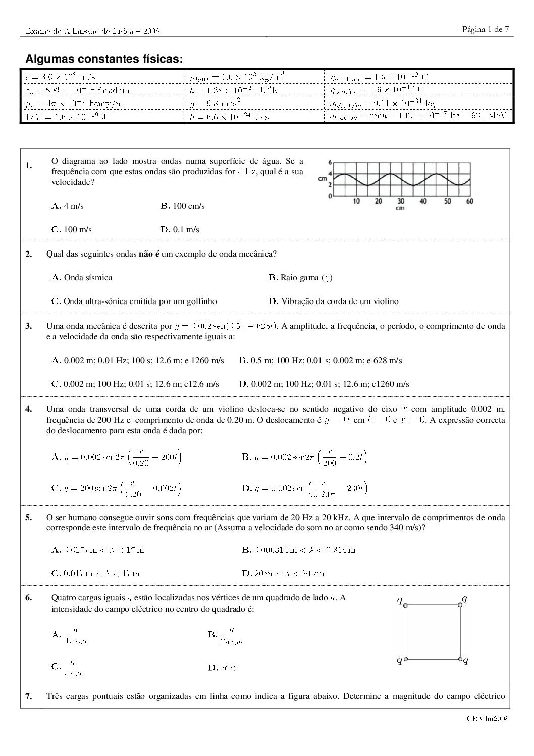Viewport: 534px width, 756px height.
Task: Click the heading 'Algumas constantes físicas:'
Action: (104, 59)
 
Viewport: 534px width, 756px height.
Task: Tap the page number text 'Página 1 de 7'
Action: (485, 29)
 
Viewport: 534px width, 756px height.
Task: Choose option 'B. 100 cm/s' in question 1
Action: (182, 206)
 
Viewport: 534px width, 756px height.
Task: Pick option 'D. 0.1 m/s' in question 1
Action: (180, 229)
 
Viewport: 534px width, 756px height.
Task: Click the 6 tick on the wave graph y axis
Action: (330, 163)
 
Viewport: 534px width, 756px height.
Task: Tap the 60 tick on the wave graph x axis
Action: (470, 201)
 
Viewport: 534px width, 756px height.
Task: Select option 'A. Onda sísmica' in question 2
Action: (82, 277)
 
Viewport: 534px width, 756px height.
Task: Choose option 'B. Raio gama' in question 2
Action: (300, 277)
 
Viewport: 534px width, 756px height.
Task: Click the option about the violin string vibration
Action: (333, 301)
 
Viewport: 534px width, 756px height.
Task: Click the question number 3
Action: (29, 326)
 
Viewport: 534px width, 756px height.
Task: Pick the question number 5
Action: (29, 517)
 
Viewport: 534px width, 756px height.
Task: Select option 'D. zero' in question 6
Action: (222, 668)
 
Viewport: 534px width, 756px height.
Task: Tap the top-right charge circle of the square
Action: (460, 604)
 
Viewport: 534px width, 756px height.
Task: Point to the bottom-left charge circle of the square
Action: (406, 659)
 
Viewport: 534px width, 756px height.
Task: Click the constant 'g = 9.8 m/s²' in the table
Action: (215, 103)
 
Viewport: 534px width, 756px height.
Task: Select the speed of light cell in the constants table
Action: (61, 77)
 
